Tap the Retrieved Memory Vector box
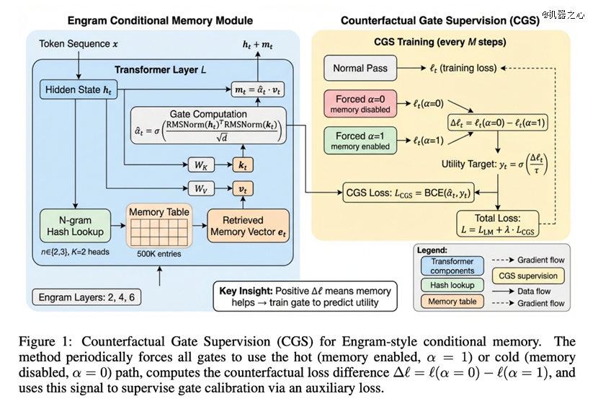click(248, 226)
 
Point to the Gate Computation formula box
click(207, 126)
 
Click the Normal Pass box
click(360, 69)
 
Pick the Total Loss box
click(499, 224)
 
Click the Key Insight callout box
click(304, 296)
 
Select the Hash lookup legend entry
click(452, 286)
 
